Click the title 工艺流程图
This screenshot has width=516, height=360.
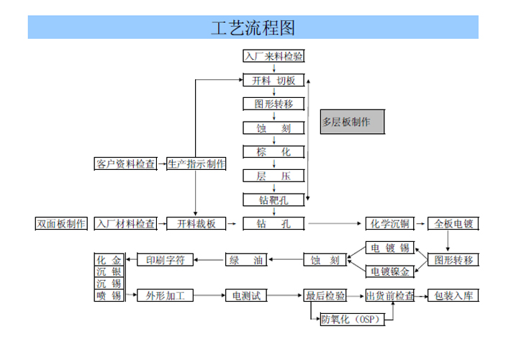(x=253, y=27)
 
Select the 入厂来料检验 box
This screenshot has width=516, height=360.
(x=273, y=56)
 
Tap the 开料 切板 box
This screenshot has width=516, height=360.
(x=273, y=81)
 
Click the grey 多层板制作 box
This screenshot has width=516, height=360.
(x=352, y=122)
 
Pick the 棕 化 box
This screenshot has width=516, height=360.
(x=273, y=152)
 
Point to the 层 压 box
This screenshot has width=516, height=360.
(x=273, y=176)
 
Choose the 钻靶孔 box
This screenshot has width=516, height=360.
(x=273, y=199)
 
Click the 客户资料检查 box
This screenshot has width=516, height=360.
(x=125, y=164)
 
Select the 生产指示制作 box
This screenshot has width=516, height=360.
(x=196, y=164)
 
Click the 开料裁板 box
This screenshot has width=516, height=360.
(x=196, y=224)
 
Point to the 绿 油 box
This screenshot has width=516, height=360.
(x=249, y=260)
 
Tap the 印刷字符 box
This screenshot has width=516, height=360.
(x=165, y=260)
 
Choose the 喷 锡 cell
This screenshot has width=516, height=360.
(x=109, y=296)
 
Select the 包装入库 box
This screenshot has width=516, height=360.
(x=452, y=296)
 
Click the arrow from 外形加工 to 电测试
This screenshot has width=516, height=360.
(x=209, y=296)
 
